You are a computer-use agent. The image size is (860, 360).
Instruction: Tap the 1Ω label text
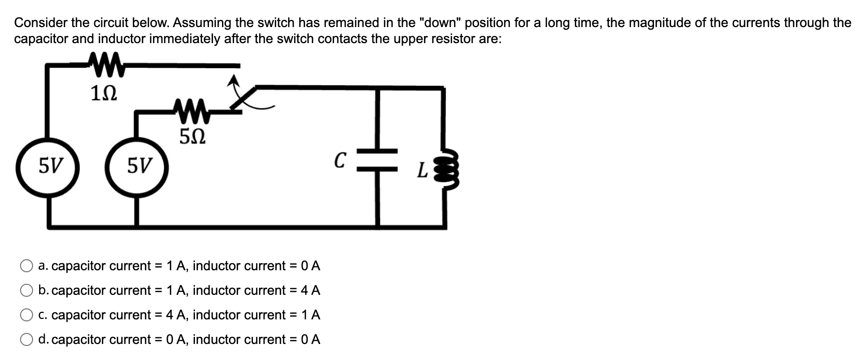click(104, 93)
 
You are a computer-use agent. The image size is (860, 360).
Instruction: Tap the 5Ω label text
click(192, 136)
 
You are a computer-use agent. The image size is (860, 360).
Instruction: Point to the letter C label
click(340, 160)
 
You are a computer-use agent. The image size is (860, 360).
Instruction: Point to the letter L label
click(422, 171)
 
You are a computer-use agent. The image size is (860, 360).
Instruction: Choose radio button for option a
click(26, 266)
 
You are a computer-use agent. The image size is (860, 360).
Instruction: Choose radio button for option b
click(26, 290)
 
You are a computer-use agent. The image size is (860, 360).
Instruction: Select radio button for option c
click(26, 315)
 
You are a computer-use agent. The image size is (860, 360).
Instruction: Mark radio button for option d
click(26, 339)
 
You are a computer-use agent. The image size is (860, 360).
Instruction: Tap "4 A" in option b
click(310, 290)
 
